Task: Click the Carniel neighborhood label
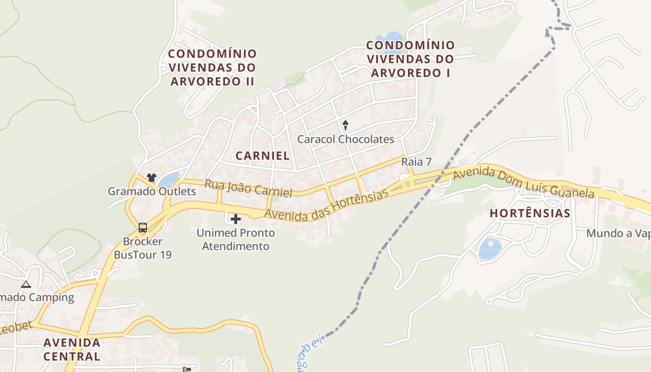[x=262, y=156]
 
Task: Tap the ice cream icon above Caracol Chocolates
[x=345, y=125]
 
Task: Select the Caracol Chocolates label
[x=345, y=139]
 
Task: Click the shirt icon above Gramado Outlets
[x=151, y=177]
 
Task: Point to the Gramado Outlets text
[x=152, y=191]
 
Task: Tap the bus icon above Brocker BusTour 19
[x=143, y=228]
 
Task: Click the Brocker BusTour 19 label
[x=143, y=248]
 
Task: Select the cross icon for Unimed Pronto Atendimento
[x=236, y=219]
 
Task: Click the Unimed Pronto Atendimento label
[x=236, y=239]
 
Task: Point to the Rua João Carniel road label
[x=248, y=188]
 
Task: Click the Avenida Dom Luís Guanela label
[x=524, y=183]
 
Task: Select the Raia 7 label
[x=417, y=162]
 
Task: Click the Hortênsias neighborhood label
[x=530, y=213]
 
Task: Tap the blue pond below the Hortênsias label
[x=490, y=249]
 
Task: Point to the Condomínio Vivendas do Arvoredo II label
[x=212, y=67]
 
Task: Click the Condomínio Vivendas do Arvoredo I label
[x=411, y=59]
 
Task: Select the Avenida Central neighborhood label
[x=72, y=349]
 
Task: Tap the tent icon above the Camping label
[x=26, y=284]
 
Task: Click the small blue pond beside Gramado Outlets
[x=169, y=179]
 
